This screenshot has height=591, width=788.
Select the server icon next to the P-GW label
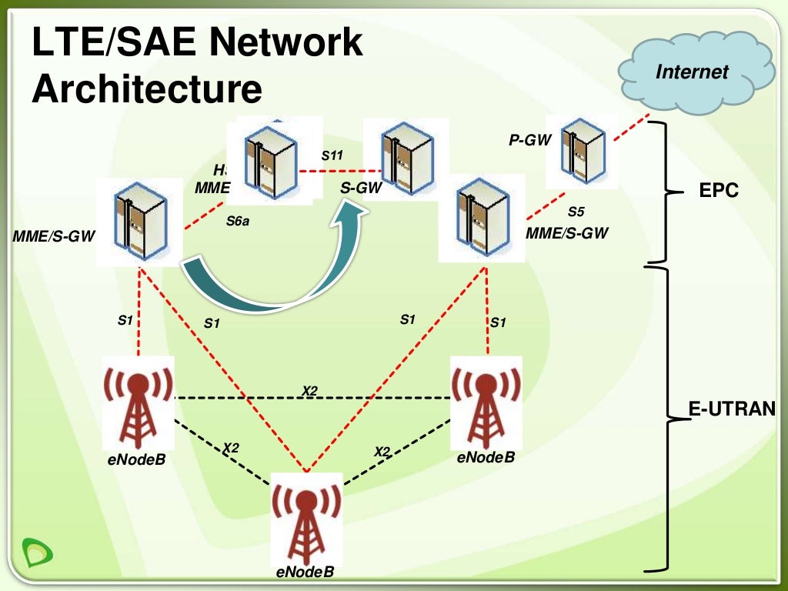coord(581,152)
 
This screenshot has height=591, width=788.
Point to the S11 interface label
coord(332,155)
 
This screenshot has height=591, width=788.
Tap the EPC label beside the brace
coord(719,191)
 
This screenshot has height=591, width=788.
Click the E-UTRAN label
coord(732,409)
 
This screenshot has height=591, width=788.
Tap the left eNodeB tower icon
coord(139,405)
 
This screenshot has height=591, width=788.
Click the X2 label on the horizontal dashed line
coord(309,391)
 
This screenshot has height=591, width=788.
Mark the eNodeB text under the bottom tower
coord(305,573)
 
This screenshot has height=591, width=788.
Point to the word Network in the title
coord(284,43)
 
